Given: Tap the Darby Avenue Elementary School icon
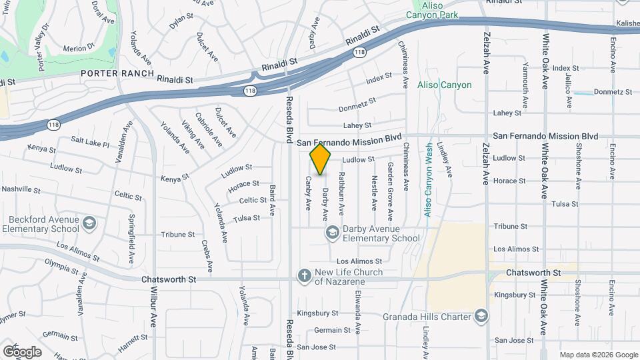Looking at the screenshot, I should [x=331, y=232].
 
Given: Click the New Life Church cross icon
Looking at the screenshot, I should [x=304, y=275].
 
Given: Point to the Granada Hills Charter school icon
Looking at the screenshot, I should [x=480, y=316].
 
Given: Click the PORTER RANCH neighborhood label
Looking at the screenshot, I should [x=117, y=73].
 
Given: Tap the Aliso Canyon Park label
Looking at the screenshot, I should [x=433, y=14].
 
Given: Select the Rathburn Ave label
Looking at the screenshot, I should [x=341, y=193].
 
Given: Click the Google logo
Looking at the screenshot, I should [x=22, y=351].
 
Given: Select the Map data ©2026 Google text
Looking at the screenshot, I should [x=598, y=355].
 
